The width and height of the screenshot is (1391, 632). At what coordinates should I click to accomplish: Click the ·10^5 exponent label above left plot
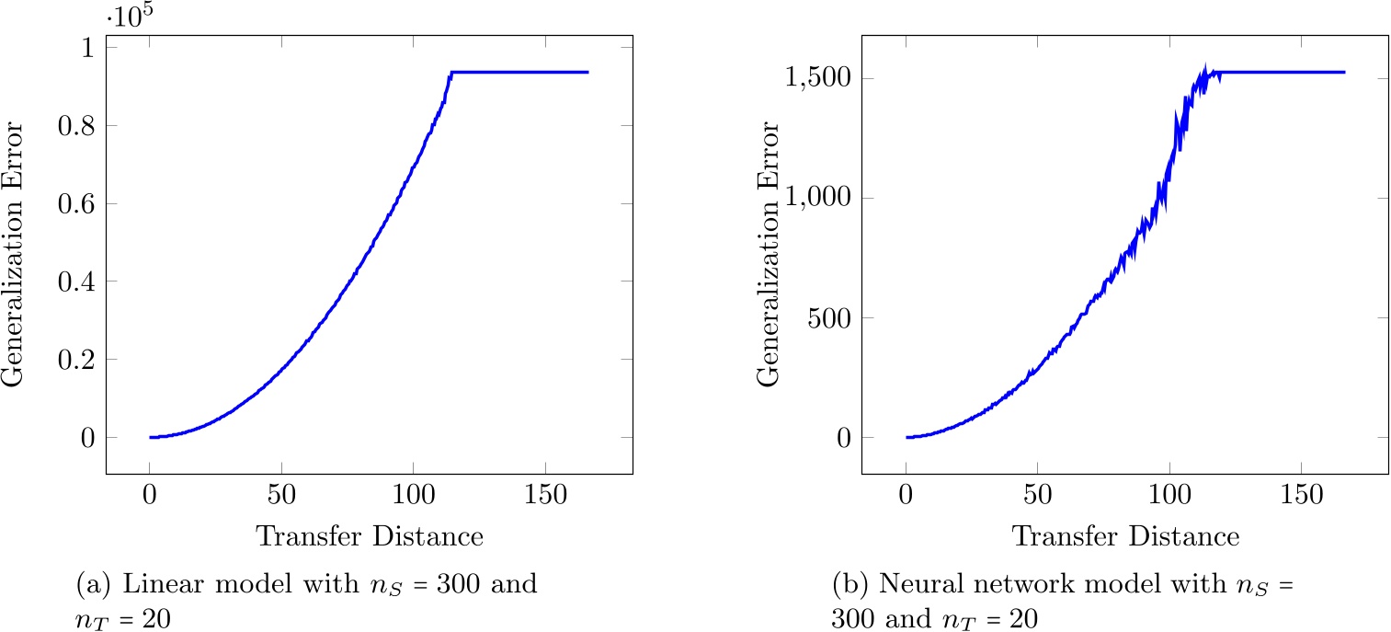133,17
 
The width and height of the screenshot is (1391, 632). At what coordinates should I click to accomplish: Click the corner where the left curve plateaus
451,72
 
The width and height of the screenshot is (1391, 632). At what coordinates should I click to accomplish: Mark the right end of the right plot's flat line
1344,72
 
